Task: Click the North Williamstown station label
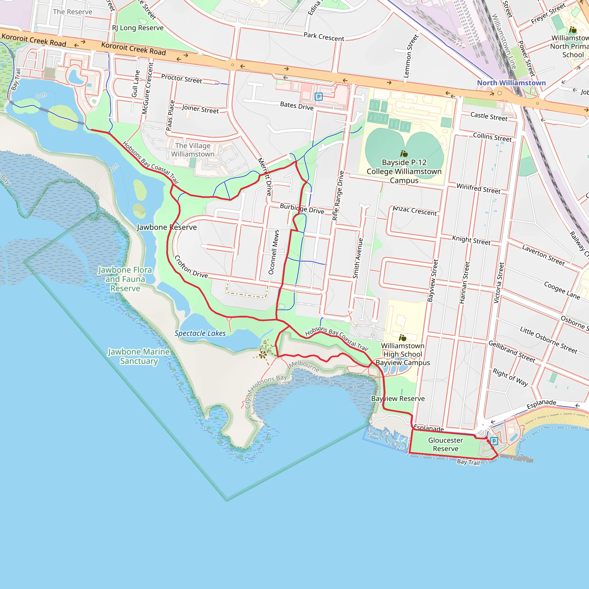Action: click(x=511, y=83)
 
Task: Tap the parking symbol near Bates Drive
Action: click(x=319, y=97)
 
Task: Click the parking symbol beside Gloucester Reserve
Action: click(x=494, y=441)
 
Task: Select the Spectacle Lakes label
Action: click(x=200, y=333)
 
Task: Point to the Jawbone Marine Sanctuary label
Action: click(x=139, y=356)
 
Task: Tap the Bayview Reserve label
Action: click(x=397, y=398)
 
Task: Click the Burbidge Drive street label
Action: click(x=302, y=209)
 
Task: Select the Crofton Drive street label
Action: click(x=191, y=267)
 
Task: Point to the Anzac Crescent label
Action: click(x=415, y=211)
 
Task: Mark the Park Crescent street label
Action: click(x=324, y=37)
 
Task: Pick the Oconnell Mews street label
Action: click(x=274, y=252)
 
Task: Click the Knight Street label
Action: click(x=471, y=240)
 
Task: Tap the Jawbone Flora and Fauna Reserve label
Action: click(x=125, y=279)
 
